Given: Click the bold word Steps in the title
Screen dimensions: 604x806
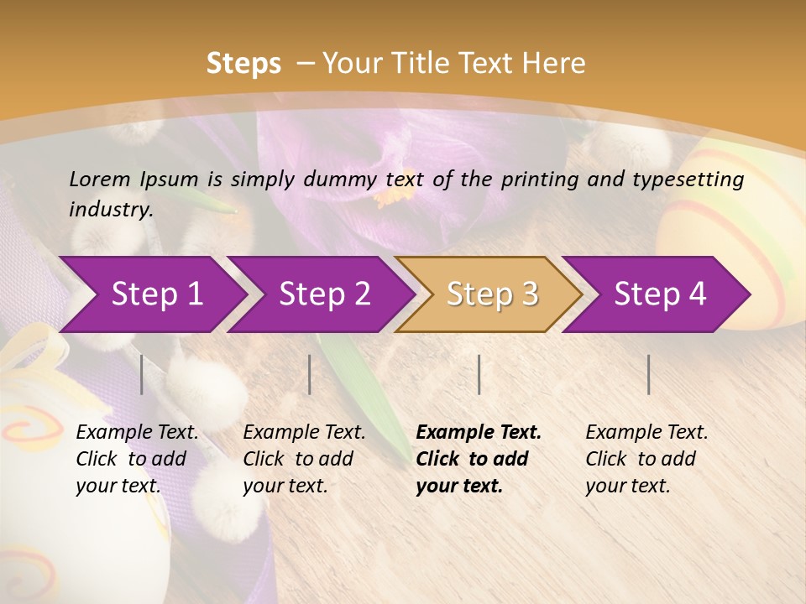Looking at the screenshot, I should [243, 64].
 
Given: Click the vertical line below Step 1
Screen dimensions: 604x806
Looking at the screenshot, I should [142, 374].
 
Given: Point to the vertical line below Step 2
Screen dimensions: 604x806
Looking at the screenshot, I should [310, 374].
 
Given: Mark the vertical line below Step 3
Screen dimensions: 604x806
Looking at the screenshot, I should [479, 374].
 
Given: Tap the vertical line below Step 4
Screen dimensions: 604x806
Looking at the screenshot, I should [649, 374].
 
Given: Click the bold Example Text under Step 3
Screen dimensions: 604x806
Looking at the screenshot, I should [479, 433].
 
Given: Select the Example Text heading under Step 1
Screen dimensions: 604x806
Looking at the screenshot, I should [137, 433].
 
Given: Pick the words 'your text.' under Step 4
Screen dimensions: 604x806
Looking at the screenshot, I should [627, 486].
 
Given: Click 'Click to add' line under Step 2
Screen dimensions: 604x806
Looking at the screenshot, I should [298, 459].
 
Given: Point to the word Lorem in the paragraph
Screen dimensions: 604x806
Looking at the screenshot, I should [99, 179].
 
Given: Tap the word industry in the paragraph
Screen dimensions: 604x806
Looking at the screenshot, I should [111, 210].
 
